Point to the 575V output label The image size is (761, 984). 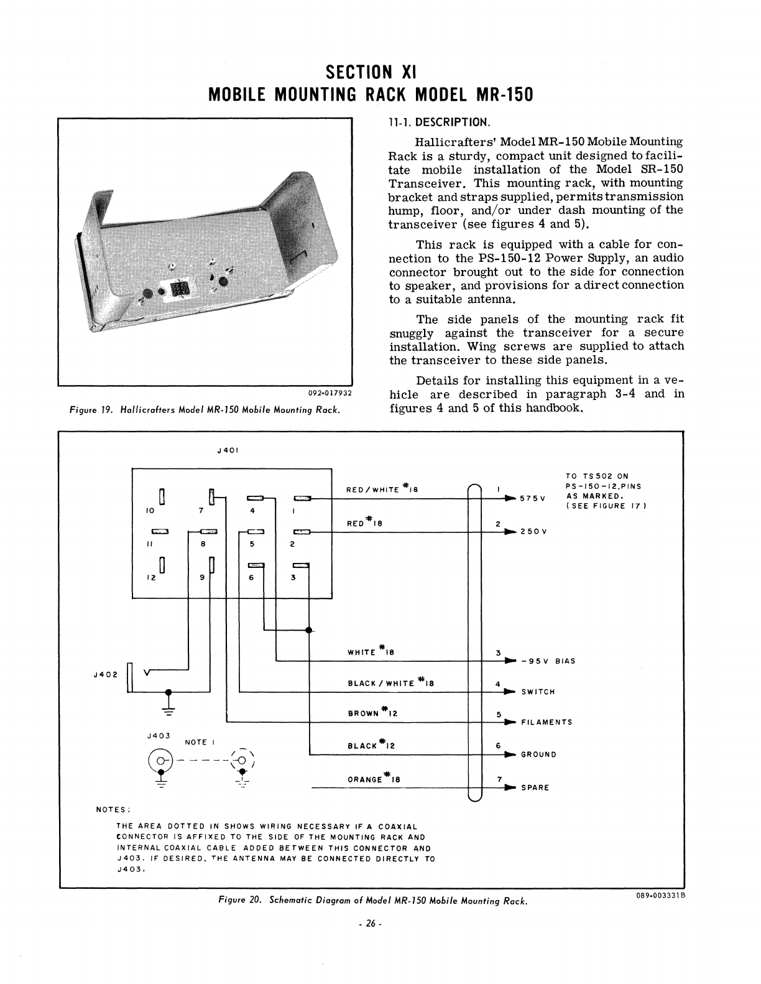pos(533,499)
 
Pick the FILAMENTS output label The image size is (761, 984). pos(547,722)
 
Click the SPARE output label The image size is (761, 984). pos(535,787)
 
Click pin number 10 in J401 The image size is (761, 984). pos(150,511)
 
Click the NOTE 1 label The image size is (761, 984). pos(200,742)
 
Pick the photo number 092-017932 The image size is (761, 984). pos(330,393)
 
